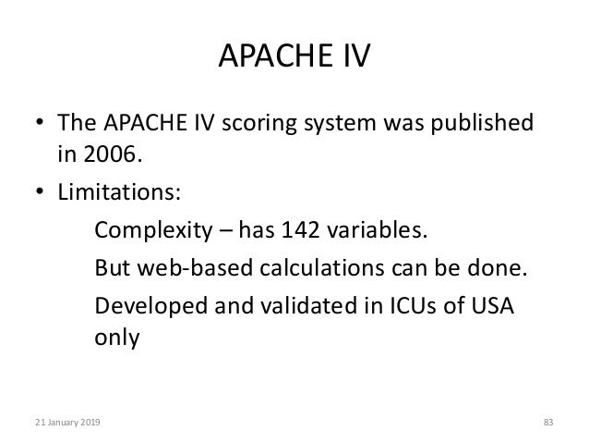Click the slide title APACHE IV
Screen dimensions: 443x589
[294, 59]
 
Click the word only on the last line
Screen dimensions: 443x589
[117, 338]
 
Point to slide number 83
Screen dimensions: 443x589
[547, 423]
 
